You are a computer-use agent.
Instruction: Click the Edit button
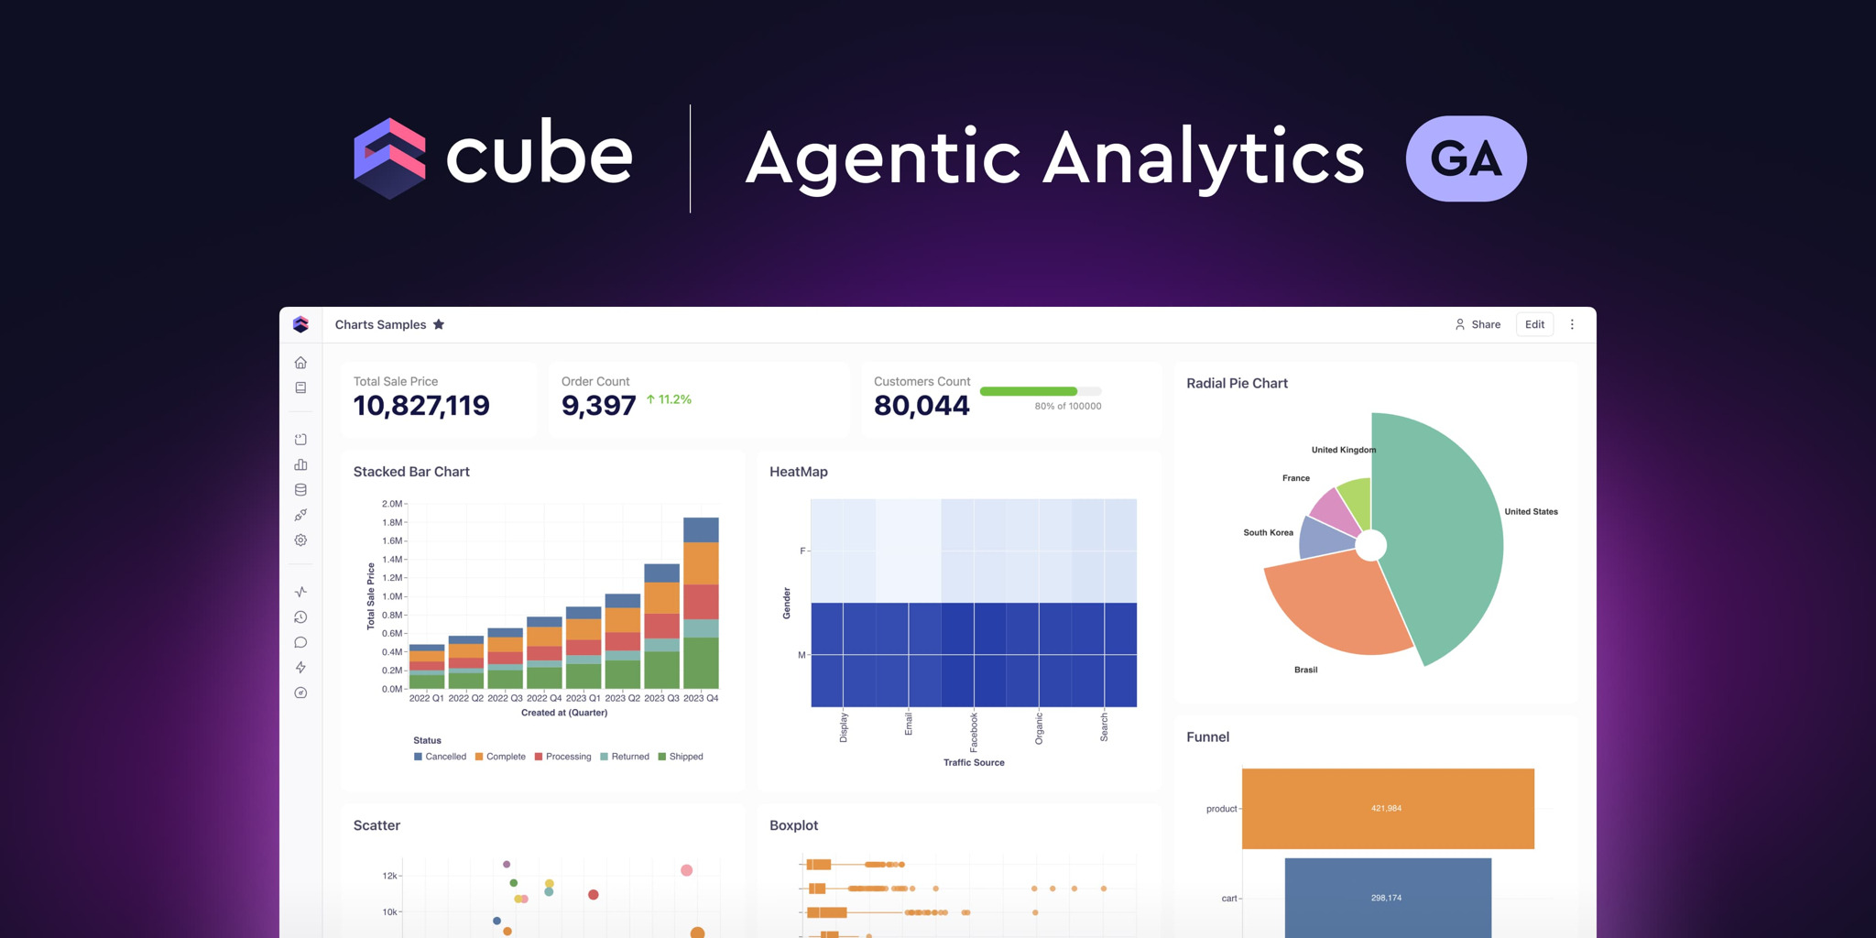[1534, 324]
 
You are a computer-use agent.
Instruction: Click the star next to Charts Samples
[439, 324]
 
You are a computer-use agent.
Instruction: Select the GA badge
[1466, 158]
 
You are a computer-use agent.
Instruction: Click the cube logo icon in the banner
[389, 158]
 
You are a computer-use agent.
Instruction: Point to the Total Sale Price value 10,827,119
[421, 406]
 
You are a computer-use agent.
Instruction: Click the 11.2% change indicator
[669, 399]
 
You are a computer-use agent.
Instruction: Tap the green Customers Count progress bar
[1028, 391]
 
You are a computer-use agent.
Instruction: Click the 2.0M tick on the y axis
[391, 504]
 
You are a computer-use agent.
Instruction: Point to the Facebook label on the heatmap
[974, 730]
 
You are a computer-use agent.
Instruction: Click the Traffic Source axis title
[974, 762]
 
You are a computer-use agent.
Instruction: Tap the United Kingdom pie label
[1343, 450]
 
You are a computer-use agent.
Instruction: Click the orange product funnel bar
[1387, 808]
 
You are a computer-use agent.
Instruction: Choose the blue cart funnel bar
[1387, 898]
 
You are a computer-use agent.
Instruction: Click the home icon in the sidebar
[300, 363]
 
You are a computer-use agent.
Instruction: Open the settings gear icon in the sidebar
[300, 540]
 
